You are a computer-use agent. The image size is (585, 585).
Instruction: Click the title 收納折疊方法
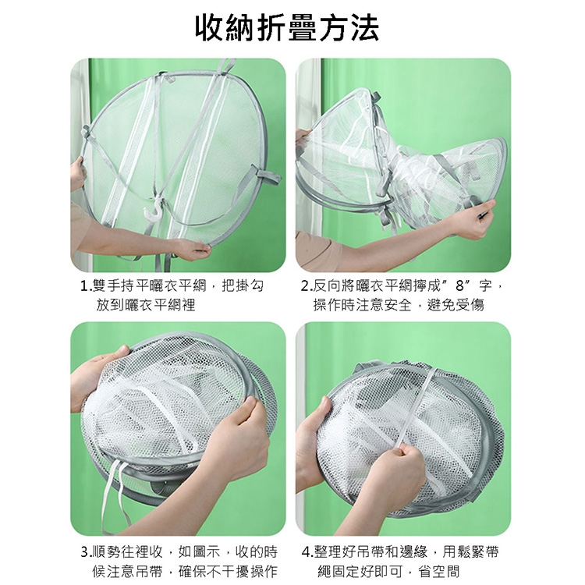[x=288, y=28]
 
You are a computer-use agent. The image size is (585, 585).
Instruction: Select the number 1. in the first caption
[x=87, y=286]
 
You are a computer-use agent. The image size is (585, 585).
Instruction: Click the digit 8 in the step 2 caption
[x=459, y=286]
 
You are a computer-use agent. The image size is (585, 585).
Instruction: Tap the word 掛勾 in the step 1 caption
[x=250, y=286]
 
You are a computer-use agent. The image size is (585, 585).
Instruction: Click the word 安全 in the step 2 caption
[x=399, y=305]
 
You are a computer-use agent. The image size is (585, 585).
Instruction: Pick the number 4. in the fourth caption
[x=308, y=552]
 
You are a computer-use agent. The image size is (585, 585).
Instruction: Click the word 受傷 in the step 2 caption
[x=471, y=305]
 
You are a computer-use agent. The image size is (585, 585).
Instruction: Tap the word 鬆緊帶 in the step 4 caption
[x=477, y=551]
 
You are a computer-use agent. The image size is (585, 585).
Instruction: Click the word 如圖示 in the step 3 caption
[x=200, y=551]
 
